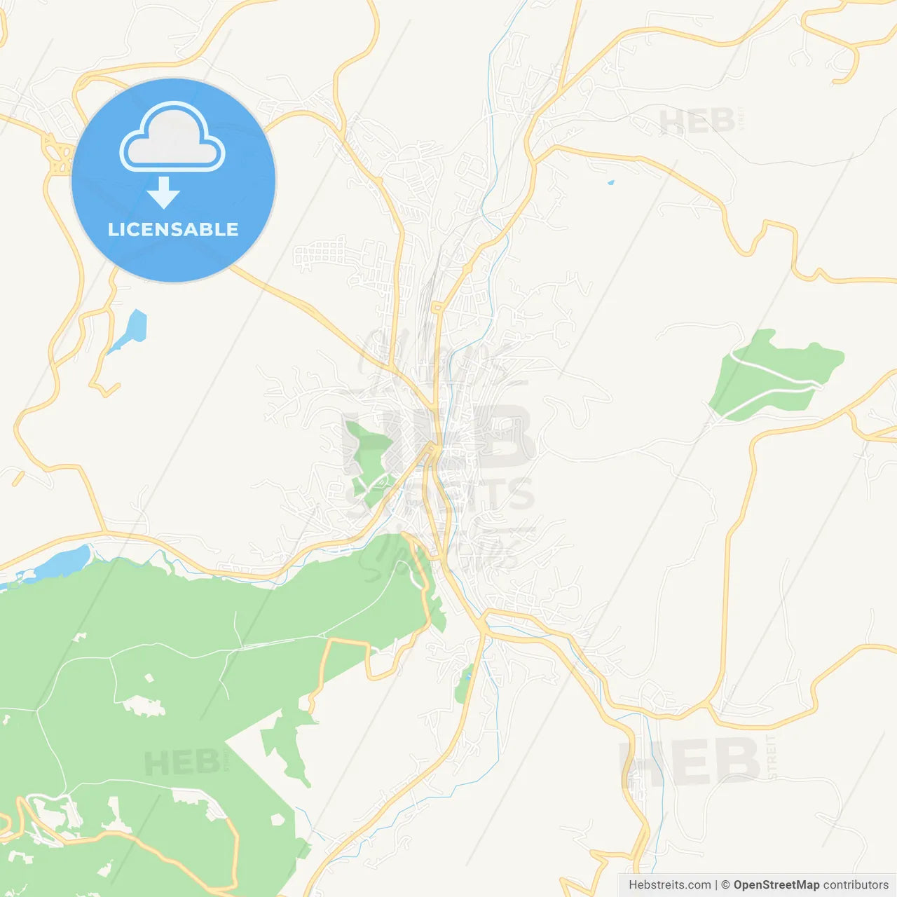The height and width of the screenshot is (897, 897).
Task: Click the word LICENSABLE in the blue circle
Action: point(173,229)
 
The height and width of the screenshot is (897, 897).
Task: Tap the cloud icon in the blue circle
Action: point(172,138)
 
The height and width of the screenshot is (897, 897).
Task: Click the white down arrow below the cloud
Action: point(164,193)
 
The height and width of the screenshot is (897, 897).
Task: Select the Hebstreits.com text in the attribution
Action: point(670,885)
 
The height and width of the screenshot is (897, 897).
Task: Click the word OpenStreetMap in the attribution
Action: point(776,885)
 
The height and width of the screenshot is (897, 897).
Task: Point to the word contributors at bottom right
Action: point(856,885)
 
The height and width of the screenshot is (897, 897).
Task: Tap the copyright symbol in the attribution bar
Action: point(725,885)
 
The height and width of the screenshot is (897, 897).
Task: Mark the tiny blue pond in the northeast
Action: point(610,183)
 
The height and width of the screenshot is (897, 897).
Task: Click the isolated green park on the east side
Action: point(774,375)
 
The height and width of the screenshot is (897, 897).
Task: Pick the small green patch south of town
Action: point(463,685)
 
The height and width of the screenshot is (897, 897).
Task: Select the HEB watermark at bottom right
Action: point(690,762)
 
